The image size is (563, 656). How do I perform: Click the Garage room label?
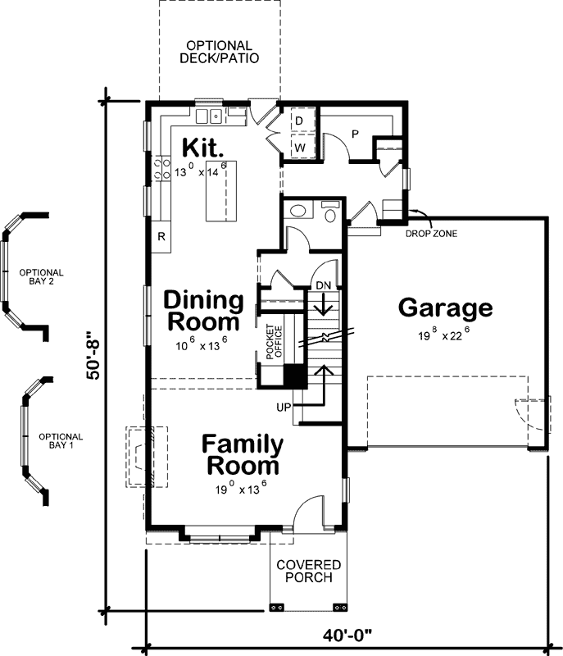tap(445, 308)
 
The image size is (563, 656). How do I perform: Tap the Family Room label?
tap(243, 455)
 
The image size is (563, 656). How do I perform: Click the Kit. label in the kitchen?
tap(202, 148)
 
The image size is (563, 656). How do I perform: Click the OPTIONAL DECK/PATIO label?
tap(219, 52)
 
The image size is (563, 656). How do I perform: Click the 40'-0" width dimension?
tap(348, 635)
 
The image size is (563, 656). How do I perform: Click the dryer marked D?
tap(299, 121)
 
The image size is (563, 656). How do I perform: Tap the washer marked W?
tap(299, 147)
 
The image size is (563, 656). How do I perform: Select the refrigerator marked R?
tap(161, 237)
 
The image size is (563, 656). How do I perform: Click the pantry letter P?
tap(355, 133)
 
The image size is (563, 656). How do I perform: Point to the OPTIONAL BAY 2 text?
tap(41, 277)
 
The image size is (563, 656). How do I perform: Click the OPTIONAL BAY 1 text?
tap(61, 440)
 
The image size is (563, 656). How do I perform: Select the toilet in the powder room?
tap(329, 214)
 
